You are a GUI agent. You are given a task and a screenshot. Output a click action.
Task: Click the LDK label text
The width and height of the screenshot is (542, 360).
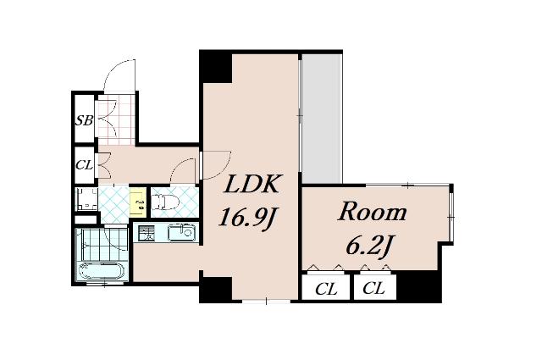tap(252, 186)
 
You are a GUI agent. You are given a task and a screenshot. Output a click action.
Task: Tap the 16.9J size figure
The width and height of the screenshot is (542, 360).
tap(248, 218)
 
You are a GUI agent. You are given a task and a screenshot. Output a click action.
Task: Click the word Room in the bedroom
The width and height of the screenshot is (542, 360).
tap(372, 212)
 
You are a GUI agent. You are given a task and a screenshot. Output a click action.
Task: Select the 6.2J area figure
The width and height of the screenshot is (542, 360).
tap(369, 245)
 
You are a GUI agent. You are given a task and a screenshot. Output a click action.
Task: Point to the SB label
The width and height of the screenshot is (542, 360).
tap(85, 120)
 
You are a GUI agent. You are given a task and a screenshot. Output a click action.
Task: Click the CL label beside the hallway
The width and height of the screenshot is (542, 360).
tap(85, 165)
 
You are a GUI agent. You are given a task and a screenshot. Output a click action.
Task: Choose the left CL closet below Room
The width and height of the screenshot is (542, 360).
tap(325, 289)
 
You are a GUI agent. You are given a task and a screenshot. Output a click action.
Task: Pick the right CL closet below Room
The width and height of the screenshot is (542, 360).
tap(373, 288)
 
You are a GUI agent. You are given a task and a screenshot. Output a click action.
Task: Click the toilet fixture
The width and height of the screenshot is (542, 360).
tap(164, 202)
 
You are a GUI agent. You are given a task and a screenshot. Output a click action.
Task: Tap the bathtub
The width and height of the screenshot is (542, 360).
tap(101, 271)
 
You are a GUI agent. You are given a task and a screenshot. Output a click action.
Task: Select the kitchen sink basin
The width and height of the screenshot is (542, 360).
tap(181, 232)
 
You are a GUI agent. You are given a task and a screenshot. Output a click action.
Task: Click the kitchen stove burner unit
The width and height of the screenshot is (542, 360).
tap(146, 233)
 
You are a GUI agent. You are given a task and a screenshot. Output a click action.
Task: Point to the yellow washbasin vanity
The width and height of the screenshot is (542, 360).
tap(138, 202)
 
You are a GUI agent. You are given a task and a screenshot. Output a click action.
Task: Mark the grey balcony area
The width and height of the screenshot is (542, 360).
tap(322, 119)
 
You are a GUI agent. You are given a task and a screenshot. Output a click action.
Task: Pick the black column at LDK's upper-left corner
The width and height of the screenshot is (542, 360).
tap(216, 67)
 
